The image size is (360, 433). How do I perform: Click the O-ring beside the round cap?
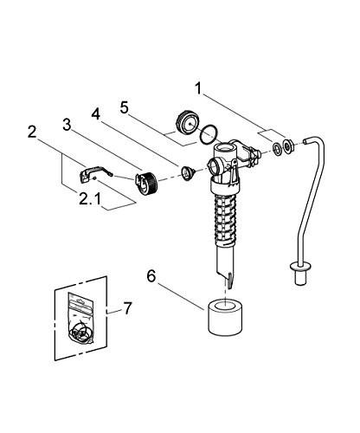pos(208,135)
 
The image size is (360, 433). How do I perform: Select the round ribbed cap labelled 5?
pos(184,121)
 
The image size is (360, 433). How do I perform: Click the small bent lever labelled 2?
pos(103,170)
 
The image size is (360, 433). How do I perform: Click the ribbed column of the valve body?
pos(223,219)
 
